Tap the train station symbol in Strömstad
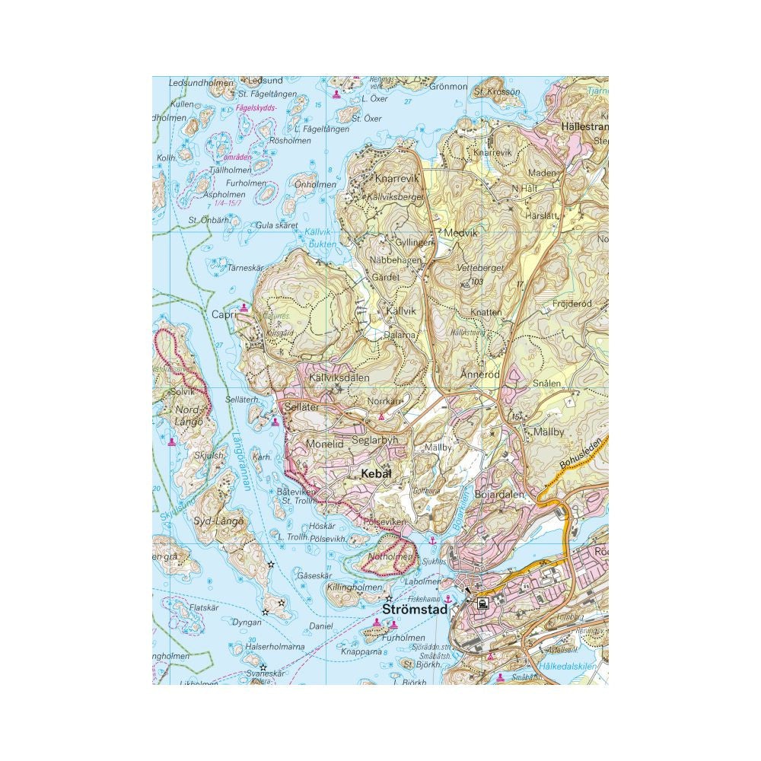coord(482,603)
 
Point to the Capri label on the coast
coord(223,314)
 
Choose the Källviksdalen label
coord(339,377)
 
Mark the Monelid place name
coord(325,443)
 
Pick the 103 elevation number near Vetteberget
coord(477,282)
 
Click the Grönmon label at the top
coord(448,86)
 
